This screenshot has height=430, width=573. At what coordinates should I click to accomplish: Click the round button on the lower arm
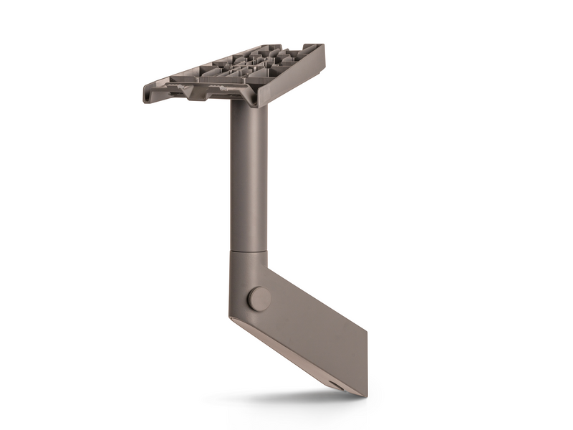pyautogui.click(x=259, y=299)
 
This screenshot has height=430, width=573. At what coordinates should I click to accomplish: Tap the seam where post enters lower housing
pyautogui.click(x=249, y=250)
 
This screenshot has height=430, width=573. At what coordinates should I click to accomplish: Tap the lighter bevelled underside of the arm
pyautogui.click(x=286, y=351)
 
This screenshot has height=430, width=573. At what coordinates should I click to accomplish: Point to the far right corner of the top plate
pyautogui.click(x=322, y=47)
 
